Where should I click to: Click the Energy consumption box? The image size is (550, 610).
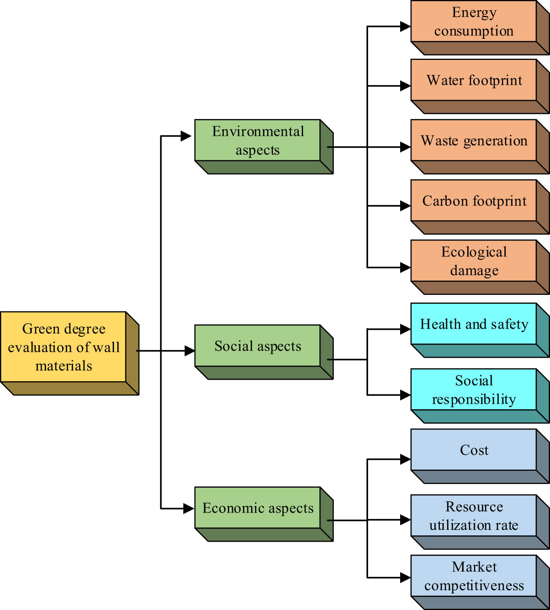pos(474,22)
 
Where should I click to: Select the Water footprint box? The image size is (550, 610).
pos(474,80)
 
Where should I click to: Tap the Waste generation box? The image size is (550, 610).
pos(474,140)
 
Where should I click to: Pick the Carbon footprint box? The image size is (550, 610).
pos(474,201)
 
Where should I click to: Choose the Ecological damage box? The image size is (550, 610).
pos(474,261)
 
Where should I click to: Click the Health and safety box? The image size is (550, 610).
pos(474,324)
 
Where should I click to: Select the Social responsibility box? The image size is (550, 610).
pos(474,390)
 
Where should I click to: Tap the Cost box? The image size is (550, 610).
pos(474,450)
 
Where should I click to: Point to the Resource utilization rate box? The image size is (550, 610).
pos(474,516)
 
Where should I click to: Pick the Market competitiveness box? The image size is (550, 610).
pos(474,576)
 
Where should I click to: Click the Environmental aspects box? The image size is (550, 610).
pos(257,140)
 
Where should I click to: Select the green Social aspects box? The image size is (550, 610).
pos(257,346)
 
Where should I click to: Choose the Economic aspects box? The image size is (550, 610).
pos(257,508)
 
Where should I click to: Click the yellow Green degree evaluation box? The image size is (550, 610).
pos(63,347)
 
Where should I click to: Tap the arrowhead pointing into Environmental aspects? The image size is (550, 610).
pos(186,136)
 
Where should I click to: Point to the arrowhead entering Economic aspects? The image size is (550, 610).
pos(189,509)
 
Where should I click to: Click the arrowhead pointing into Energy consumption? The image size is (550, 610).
pos(405,27)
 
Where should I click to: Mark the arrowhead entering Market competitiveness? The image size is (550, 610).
pos(405,578)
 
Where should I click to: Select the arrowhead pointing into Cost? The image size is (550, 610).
pos(405,459)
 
